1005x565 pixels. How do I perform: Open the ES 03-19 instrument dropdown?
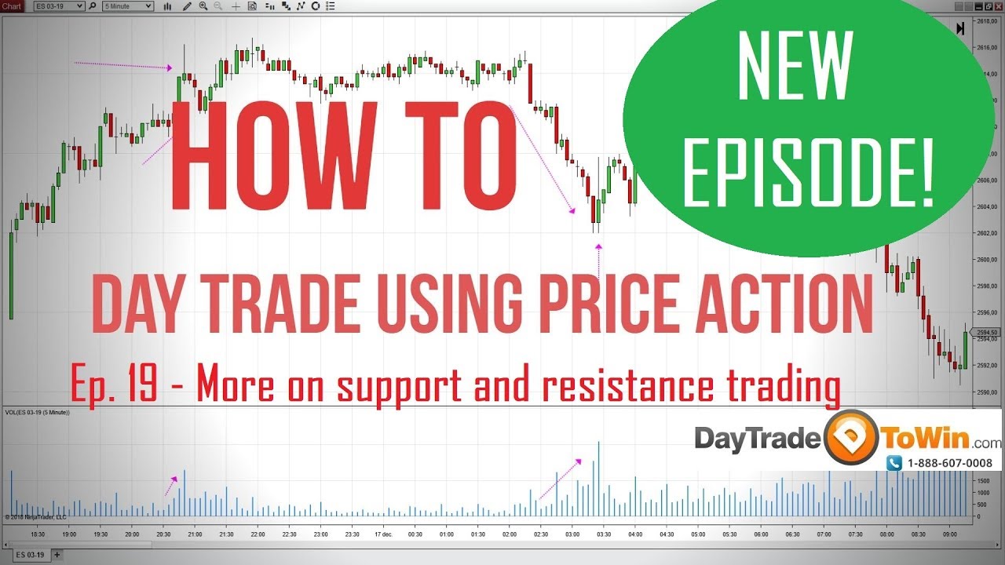[x=60, y=6]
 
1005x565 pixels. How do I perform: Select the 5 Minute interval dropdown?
[x=128, y=6]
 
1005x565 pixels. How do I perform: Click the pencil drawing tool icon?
[x=188, y=6]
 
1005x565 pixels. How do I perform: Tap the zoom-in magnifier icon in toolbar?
[x=203, y=6]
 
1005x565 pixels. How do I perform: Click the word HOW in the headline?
[x=272, y=157]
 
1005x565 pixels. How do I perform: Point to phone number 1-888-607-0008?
[x=949, y=464]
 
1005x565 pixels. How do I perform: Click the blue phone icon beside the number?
[x=894, y=464]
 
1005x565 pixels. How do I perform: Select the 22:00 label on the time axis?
[x=258, y=534]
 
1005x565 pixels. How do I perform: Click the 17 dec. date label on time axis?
[x=383, y=534]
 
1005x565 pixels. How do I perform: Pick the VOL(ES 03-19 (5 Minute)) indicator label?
[x=38, y=412]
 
